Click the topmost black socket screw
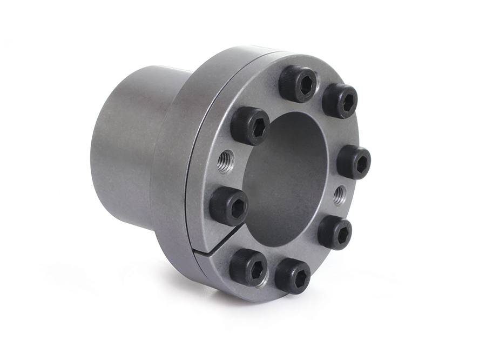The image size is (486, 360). click(298, 84)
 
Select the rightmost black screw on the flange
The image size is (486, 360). click(354, 162)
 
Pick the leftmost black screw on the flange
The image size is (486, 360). click(228, 206)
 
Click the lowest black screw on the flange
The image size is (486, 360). click(292, 276)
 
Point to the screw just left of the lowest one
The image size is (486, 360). click(248, 266)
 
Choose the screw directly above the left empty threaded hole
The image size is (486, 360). click(250, 125)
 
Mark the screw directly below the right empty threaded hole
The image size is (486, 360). click(334, 232)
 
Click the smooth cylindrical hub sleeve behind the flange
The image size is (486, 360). click(124, 146)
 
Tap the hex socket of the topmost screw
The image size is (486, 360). click(306, 85)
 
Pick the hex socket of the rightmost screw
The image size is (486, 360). click(360, 162)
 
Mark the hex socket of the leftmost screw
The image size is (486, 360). click(235, 207)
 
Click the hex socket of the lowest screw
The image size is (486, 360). click(299, 278)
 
